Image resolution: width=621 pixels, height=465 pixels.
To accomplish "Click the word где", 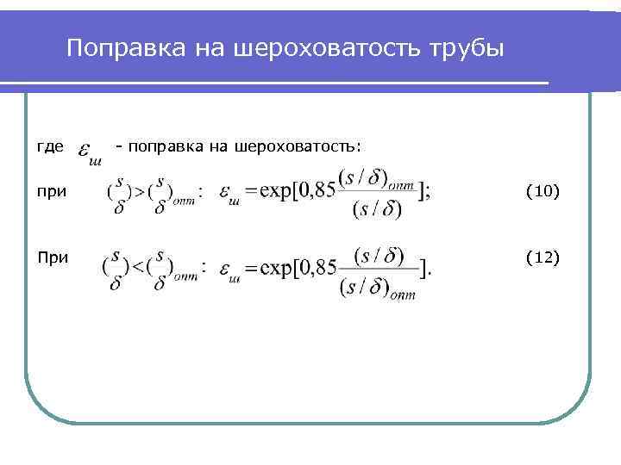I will pos(50,147).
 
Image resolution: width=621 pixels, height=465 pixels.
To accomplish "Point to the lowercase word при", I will pos(52,192).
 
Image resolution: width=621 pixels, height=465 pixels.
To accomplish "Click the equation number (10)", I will pos(543,192).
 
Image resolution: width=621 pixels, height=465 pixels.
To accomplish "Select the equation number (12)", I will pos(543,257).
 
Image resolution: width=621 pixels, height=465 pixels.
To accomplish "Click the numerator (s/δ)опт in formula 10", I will pos(377,178).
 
